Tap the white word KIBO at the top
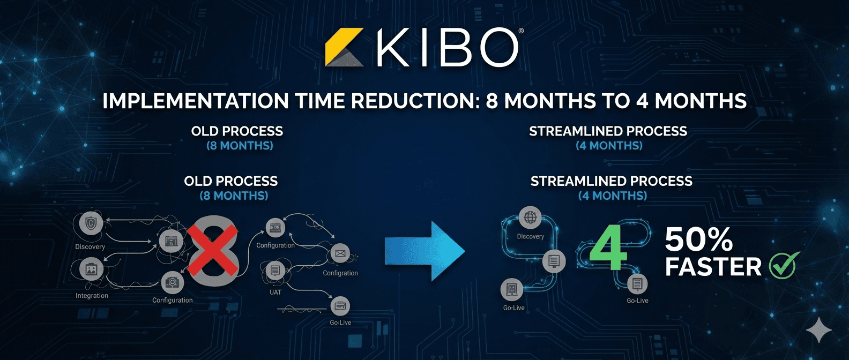click(x=447, y=48)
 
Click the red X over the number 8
click(x=212, y=250)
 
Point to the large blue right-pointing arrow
click(x=424, y=251)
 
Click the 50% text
click(x=698, y=240)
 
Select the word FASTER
click(x=713, y=267)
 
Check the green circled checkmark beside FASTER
click(x=783, y=266)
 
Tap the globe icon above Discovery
click(x=530, y=217)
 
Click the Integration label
click(x=92, y=296)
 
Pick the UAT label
click(x=275, y=292)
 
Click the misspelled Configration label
click(x=340, y=273)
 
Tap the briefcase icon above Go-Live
click(x=340, y=307)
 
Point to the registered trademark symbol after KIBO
click(x=521, y=32)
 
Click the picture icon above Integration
click(x=91, y=269)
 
